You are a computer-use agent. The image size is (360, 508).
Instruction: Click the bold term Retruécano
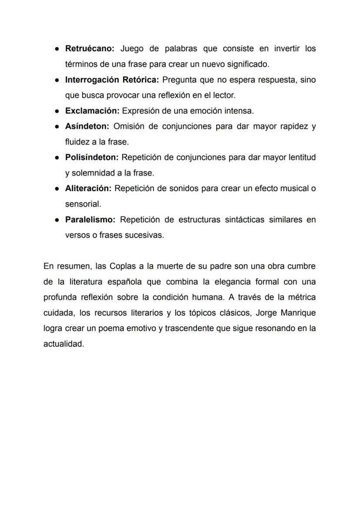point(89,49)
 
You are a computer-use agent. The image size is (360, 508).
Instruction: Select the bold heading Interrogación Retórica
point(112,80)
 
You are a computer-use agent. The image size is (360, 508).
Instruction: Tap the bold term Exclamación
point(92,111)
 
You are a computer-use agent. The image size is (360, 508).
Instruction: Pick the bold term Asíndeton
point(87,126)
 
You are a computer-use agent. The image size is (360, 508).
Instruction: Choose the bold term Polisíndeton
point(92,157)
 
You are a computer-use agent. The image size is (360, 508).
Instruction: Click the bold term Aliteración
point(88,189)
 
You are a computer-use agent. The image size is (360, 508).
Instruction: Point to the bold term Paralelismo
point(90,219)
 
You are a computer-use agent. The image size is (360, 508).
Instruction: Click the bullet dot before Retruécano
point(57,49)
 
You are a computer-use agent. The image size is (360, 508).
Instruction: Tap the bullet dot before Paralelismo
point(57,219)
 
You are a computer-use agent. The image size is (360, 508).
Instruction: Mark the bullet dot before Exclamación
point(57,111)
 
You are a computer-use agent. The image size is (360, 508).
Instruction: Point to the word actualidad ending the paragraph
point(63,344)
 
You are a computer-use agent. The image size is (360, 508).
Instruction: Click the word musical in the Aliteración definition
point(296,189)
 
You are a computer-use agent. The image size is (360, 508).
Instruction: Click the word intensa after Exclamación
point(240,111)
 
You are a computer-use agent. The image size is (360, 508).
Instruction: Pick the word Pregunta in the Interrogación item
point(178,80)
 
